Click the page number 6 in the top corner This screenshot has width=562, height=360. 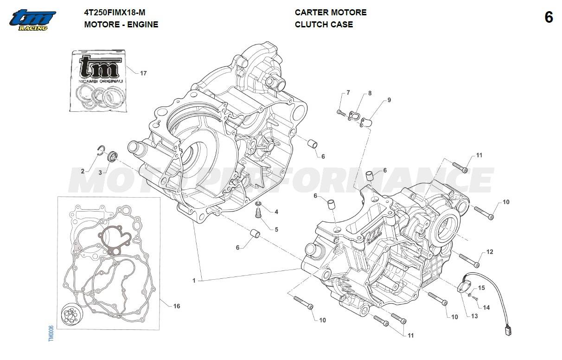549,18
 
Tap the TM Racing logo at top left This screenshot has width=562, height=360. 32,20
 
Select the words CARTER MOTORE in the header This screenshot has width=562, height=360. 331,13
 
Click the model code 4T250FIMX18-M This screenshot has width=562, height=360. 115,13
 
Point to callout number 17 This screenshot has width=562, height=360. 143,73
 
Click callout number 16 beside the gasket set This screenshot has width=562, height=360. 177,306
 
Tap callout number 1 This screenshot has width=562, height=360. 194,280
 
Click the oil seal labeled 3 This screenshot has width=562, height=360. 112,156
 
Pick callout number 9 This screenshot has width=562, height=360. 389,100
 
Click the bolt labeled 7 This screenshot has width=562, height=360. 341,113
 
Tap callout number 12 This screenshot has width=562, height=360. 490,252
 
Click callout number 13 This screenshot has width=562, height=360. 474,316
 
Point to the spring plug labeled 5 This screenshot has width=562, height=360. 258,213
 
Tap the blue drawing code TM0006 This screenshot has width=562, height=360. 51,334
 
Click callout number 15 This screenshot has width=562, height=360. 481,288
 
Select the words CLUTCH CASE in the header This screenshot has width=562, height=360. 324,25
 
